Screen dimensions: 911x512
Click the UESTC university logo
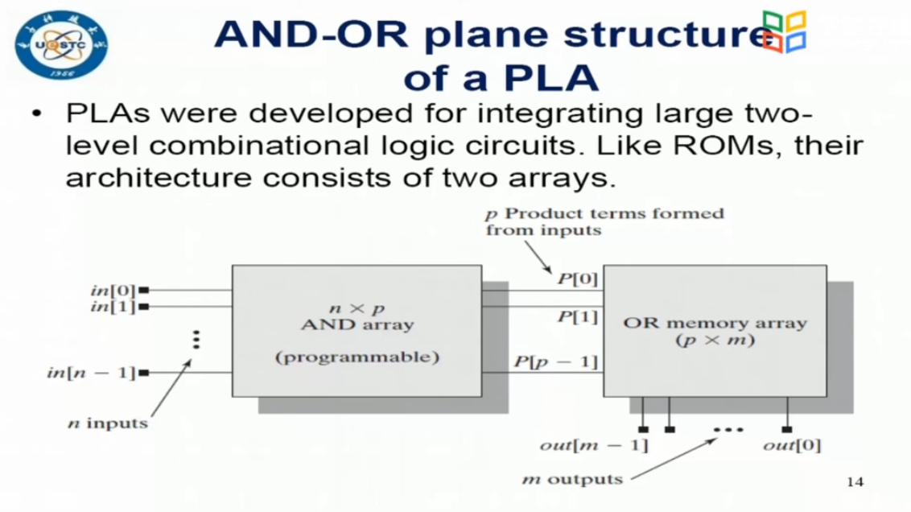tap(61, 45)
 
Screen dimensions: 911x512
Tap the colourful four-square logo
tap(783, 32)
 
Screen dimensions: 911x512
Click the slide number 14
tap(855, 481)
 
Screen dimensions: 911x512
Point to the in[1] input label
tap(113, 307)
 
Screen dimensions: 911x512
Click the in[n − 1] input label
tap(90, 373)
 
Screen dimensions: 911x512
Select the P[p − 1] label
tap(555, 361)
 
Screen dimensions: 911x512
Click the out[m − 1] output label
tap(593, 444)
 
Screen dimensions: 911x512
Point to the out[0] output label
tap(793, 444)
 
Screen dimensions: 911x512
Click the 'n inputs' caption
tap(107, 423)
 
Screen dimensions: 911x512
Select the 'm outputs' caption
tap(572, 480)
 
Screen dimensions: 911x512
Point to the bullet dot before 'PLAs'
tap(36, 115)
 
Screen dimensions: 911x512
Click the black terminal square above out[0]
tap(786, 429)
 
